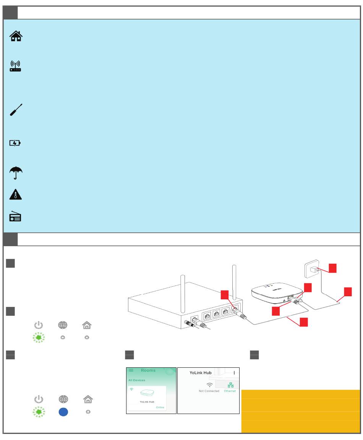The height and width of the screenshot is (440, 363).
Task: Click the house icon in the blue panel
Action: pyautogui.click(x=16, y=36)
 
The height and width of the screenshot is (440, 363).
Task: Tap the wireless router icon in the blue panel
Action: pyautogui.click(x=16, y=66)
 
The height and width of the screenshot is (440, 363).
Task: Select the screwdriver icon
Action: pyautogui.click(x=16, y=110)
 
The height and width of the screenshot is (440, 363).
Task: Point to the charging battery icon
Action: pyautogui.click(x=15, y=143)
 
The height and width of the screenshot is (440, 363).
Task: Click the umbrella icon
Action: pyautogui.click(x=16, y=173)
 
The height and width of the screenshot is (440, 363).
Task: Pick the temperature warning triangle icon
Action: pyautogui.click(x=16, y=195)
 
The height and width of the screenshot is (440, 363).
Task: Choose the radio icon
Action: pyautogui.click(x=16, y=217)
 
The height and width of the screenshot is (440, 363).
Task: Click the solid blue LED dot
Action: pyautogui.click(x=63, y=412)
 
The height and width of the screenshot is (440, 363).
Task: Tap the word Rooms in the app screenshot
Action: pyautogui.click(x=148, y=370)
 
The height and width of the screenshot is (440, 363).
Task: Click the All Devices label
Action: pyautogui.click(x=137, y=380)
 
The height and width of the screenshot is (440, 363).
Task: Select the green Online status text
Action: pyautogui.click(x=160, y=408)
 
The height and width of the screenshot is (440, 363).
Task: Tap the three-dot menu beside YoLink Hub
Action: pyautogui.click(x=234, y=372)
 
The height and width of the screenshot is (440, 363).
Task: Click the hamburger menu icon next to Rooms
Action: pyautogui.click(x=131, y=370)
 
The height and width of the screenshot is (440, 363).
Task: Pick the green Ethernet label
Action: pyautogui.click(x=230, y=391)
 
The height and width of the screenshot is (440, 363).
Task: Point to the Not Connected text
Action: pyautogui.click(x=209, y=391)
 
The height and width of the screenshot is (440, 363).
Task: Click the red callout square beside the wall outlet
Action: pyautogui.click(x=333, y=268)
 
